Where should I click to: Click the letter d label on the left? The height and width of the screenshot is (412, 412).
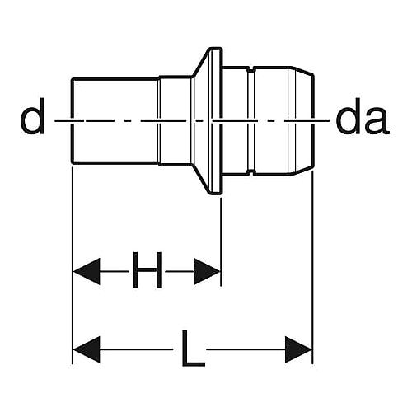tap(32, 116)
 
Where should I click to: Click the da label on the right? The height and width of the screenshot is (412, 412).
tap(363, 120)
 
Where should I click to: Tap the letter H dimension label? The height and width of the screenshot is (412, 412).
tap(147, 270)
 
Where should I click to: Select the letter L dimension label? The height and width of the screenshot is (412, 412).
tap(193, 349)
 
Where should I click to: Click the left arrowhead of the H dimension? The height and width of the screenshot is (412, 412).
tap(87, 271)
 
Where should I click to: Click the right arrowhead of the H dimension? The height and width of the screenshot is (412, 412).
tap(207, 271)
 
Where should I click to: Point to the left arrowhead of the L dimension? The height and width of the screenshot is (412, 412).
tap(87, 349)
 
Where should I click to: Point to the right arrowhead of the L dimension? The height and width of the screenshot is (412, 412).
tap(298, 349)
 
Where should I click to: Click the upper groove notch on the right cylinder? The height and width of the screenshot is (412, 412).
tap(251, 68)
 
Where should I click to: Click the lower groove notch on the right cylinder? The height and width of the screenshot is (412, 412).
tap(251, 173)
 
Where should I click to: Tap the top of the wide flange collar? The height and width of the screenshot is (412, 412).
tap(216, 49)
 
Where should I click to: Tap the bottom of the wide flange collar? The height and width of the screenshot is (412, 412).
tap(216, 193)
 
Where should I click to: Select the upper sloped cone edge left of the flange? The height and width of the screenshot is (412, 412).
tap(201, 62)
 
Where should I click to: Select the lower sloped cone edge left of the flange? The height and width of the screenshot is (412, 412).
tap(201, 179)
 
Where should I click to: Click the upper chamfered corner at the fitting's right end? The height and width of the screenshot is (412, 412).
tap(302, 70)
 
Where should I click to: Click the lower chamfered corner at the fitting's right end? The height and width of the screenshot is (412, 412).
tap(302, 171)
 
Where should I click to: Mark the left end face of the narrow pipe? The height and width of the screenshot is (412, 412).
tap(73, 121)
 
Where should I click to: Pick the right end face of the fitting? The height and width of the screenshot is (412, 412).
tap(313, 120)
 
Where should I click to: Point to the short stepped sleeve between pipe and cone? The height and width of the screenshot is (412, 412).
tap(176, 120)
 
